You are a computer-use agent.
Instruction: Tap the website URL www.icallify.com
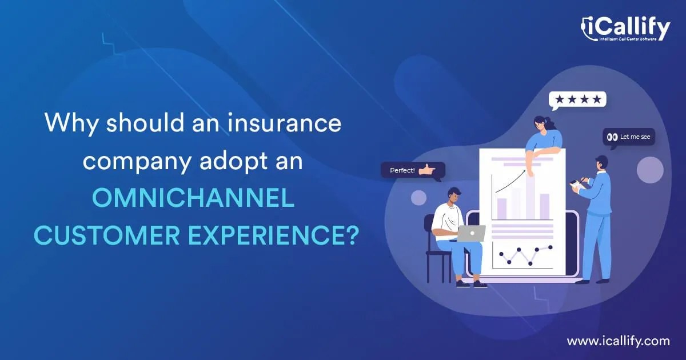tap(618, 341)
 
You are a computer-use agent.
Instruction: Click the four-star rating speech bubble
tap(577, 100)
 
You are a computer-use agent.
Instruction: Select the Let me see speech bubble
tap(629, 137)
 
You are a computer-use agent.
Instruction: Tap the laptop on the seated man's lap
tap(471, 233)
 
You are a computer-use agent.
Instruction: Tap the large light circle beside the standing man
tap(650, 170)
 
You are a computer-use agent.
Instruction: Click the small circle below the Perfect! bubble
tap(419, 198)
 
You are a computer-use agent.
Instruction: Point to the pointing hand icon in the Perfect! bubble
tap(426, 170)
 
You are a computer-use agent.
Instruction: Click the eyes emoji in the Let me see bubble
tap(612, 137)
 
